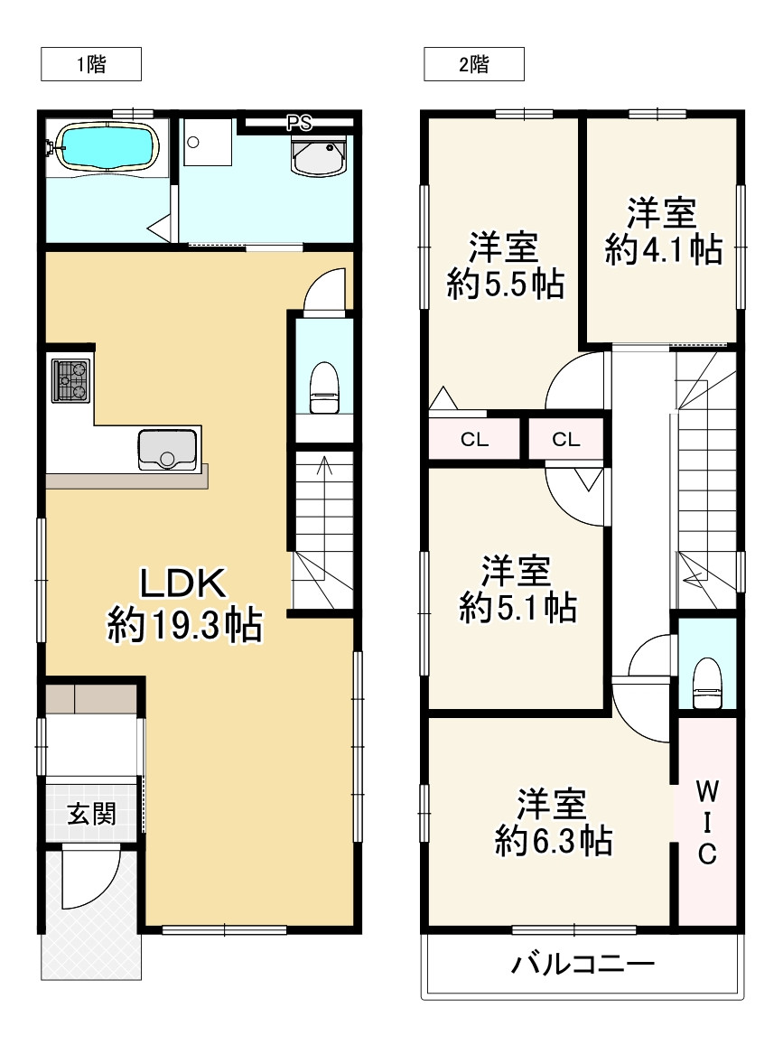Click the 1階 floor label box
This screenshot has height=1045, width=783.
(91, 65)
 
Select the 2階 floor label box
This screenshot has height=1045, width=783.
(474, 65)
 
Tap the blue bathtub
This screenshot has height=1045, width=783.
(107, 146)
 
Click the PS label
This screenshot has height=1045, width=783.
(300, 124)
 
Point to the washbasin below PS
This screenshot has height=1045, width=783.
(319, 156)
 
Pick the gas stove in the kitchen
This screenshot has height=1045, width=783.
(70, 380)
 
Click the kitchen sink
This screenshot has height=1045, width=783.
(167, 450)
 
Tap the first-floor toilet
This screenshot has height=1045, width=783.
(324, 387)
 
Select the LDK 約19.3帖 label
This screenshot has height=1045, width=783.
(184, 604)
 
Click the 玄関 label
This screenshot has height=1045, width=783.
(91, 814)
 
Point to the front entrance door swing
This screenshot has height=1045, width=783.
(90, 877)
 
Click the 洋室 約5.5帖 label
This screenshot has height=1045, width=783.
(505, 265)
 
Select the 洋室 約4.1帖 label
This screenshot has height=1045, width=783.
(663, 230)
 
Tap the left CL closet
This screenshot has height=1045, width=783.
(474, 439)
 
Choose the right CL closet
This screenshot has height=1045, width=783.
(565, 439)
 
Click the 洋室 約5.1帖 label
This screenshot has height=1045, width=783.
(517, 589)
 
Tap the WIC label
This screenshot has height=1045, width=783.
(707, 823)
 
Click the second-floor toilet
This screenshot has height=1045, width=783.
(707, 684)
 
